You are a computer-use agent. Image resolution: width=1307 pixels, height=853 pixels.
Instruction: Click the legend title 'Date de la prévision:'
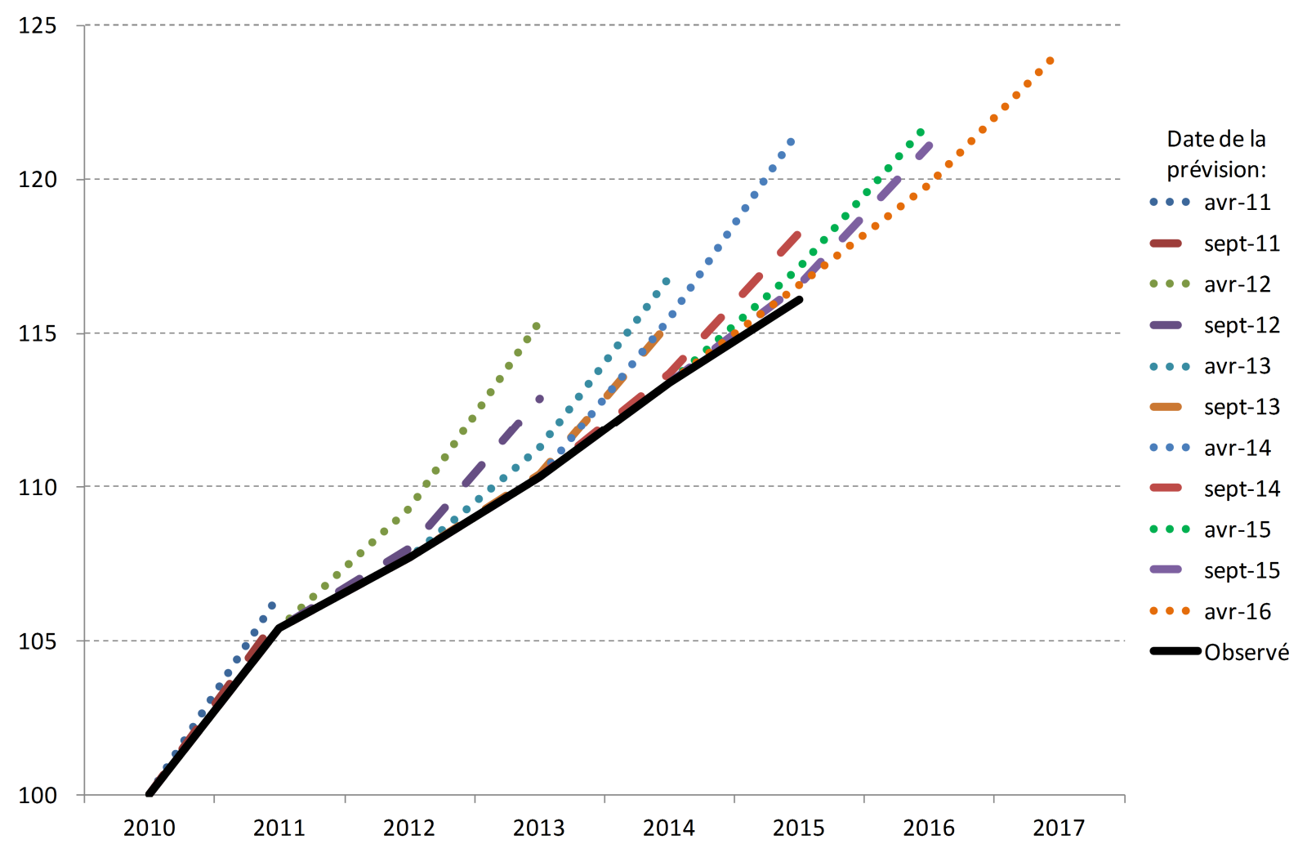click(x=1216, y=154)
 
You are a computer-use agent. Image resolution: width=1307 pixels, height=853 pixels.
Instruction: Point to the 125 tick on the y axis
click(x=38, y=26)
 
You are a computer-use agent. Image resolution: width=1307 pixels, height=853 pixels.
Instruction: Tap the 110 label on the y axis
click(x=38, y=487)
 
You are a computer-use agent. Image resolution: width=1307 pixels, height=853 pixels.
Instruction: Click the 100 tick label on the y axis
click(x=38, y=795)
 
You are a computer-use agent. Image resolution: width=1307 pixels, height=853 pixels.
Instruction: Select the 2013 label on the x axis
click(x=538, y=828)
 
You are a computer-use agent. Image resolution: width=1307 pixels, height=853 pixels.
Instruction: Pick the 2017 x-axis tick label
click(x=1059, y=828)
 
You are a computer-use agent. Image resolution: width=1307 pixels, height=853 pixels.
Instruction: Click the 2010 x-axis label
click(x=149, y=828)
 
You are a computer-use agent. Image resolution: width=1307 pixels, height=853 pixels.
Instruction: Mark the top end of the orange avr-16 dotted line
click(x=1051, y=60)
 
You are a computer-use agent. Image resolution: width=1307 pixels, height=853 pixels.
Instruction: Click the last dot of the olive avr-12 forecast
click(x=537, y=326)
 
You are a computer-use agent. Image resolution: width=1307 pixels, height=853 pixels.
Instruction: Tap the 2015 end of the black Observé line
click(x=799, y=300)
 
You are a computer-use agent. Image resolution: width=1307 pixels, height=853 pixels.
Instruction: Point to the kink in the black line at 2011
click(x=279, y=627)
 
